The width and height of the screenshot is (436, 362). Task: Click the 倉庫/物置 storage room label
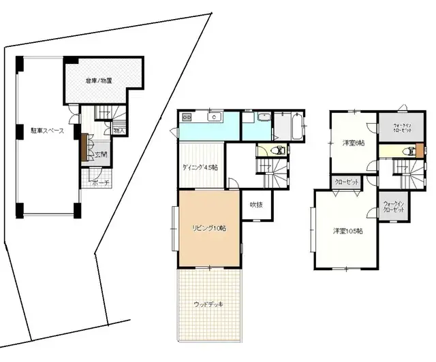[x=99, y=81]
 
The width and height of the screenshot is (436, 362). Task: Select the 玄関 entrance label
[x=100, y=154]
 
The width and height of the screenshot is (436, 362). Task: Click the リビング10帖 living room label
[x=209, y=227]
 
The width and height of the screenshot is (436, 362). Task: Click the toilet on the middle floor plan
[x=277, y=150]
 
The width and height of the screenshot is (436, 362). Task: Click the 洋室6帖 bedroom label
[x=353, y=143]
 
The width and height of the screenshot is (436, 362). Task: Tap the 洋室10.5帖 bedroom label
[x=347, y=231]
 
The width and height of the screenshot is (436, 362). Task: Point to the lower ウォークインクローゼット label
[x=394, y=206]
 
